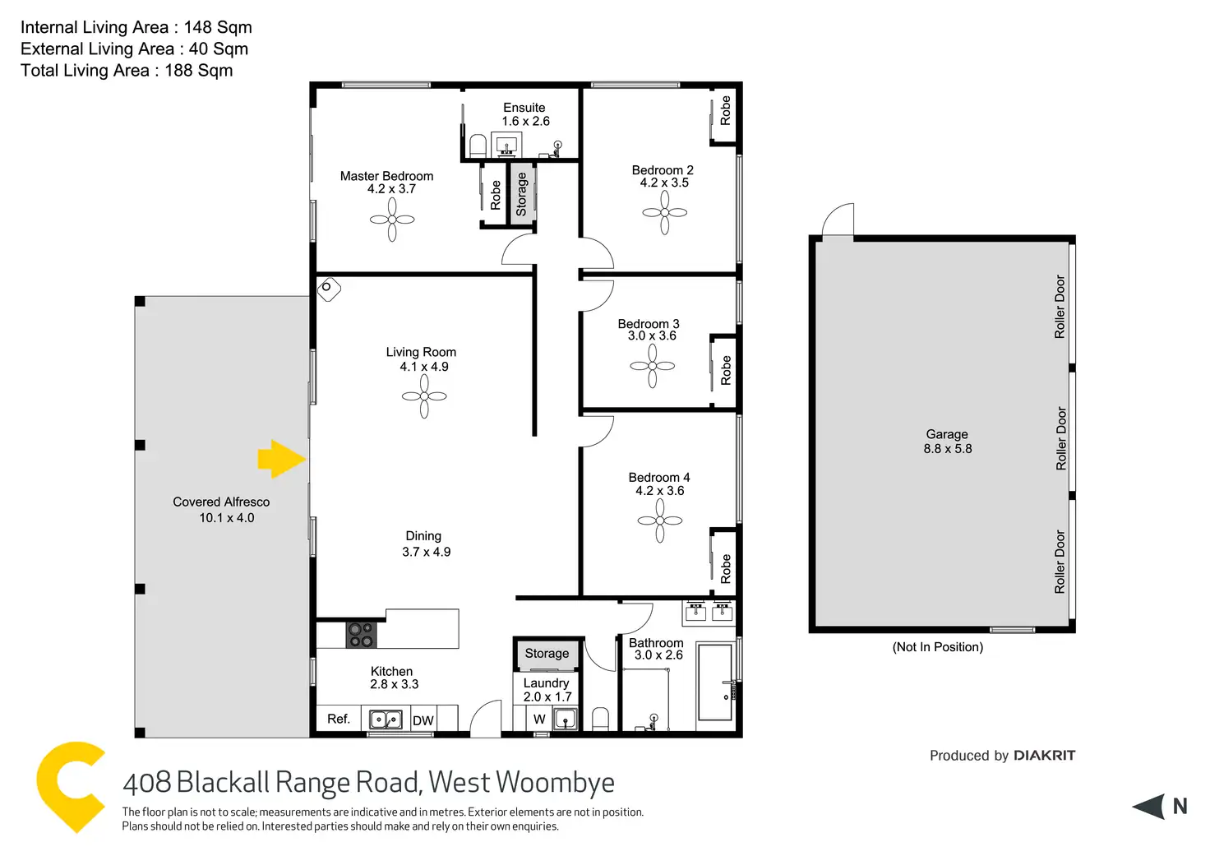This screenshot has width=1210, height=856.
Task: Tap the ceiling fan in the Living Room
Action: pyautogui.click(x=424, y=396)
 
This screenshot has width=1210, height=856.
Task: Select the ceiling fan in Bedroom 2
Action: pyautogui.click(x=664, y=212)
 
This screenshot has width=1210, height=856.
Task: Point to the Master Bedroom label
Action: pyautogui.click(x=386, y=176)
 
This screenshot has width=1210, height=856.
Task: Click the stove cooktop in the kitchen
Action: pyautogui.click(x=361, y=635)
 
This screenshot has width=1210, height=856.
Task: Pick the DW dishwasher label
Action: pyautogui.click(x=423, y=720)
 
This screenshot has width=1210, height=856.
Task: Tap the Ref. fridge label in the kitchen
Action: pyautogui.click(x=339, y=719)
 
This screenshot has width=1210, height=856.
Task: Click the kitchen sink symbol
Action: pyautogui.click(x=386, y=720)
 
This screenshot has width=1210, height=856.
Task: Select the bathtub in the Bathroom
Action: pyautogui.click(x=714, y=682)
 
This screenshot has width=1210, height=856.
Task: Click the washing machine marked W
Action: pyautogui.click(x=539, y=719)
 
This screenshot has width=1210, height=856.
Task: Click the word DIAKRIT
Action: pyautogui.click(x=1044, y=756)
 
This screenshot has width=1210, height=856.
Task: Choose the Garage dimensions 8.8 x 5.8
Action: pyautogui.click(x=947, y=449)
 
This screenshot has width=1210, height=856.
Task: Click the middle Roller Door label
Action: pyautogui.click(x=1061, y=438)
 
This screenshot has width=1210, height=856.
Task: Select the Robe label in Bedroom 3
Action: pyautogui.click(x=726, y=370)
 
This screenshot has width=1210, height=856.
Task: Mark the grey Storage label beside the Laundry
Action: pyautogui.click(x=547, y=653)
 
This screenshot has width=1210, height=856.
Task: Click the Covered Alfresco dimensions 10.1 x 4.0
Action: pyautogui.click(x=226, y=518)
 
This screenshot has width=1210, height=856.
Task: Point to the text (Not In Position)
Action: pyautogui.click(x=937, y=647)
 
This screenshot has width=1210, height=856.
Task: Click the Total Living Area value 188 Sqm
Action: pyautogui.click(x=199, y=71)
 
